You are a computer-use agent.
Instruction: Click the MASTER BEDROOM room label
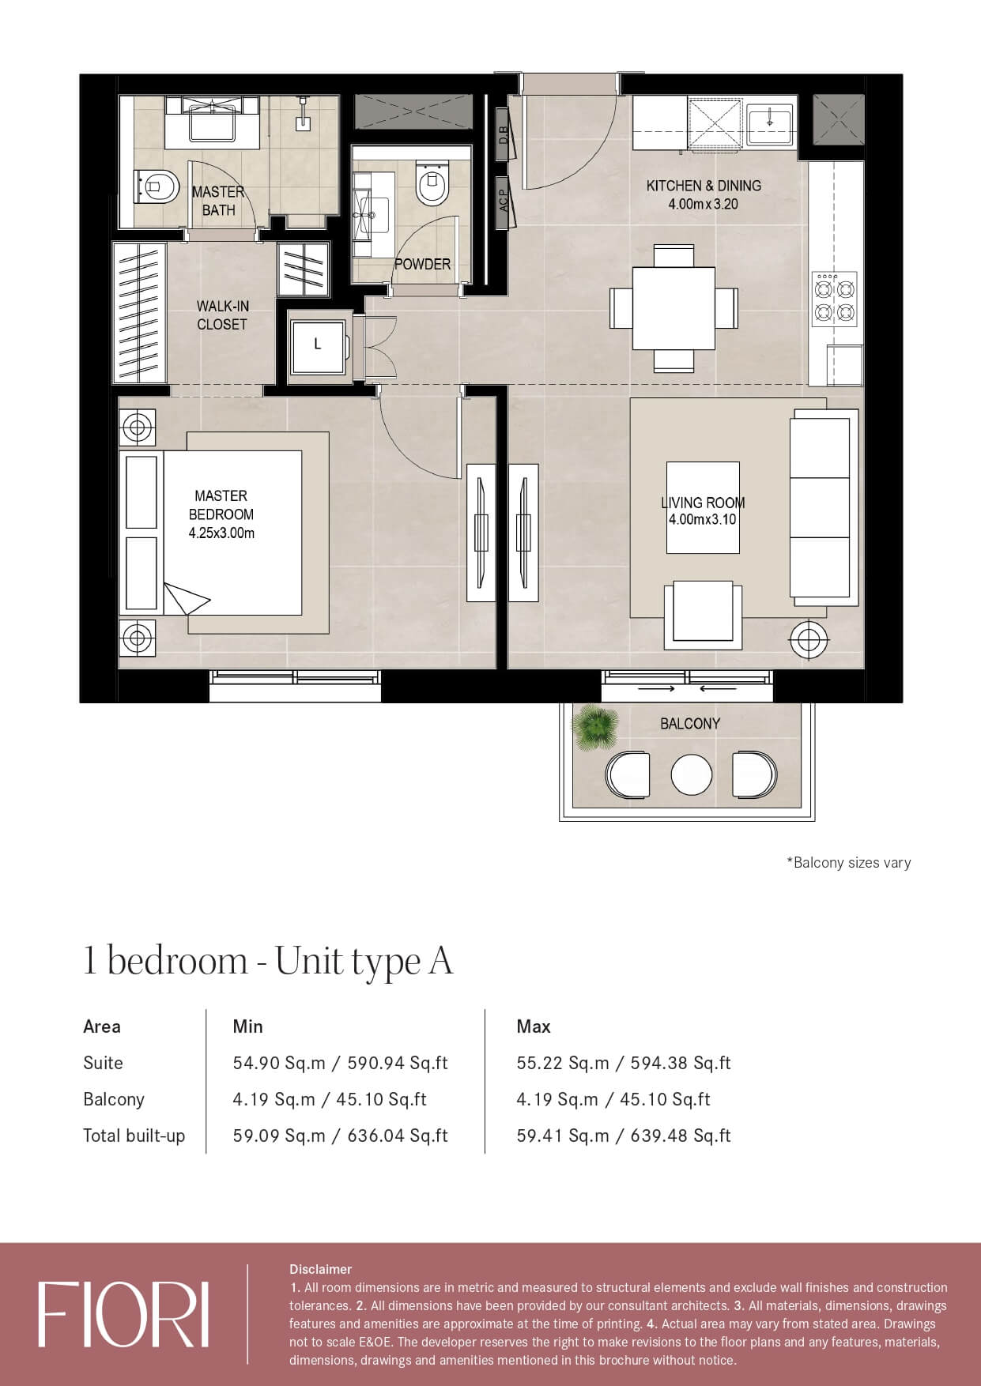(221, 505)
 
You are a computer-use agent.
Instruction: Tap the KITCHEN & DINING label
(704, 186)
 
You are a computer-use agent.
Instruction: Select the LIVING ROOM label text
(703, 503)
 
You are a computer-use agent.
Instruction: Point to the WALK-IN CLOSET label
(222, 314)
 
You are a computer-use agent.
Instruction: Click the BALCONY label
(690, 723)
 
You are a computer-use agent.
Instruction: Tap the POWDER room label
(422, 264)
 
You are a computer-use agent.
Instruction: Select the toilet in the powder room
(432, 183)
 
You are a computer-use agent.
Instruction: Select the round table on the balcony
(691, 774)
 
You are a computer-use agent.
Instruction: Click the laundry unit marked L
(318, 345)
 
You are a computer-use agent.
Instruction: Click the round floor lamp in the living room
(809, 638)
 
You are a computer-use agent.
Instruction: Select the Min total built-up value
(340, 1136)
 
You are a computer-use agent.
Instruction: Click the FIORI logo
(123, 1315)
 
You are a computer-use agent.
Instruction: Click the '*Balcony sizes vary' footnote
(848, 862)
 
